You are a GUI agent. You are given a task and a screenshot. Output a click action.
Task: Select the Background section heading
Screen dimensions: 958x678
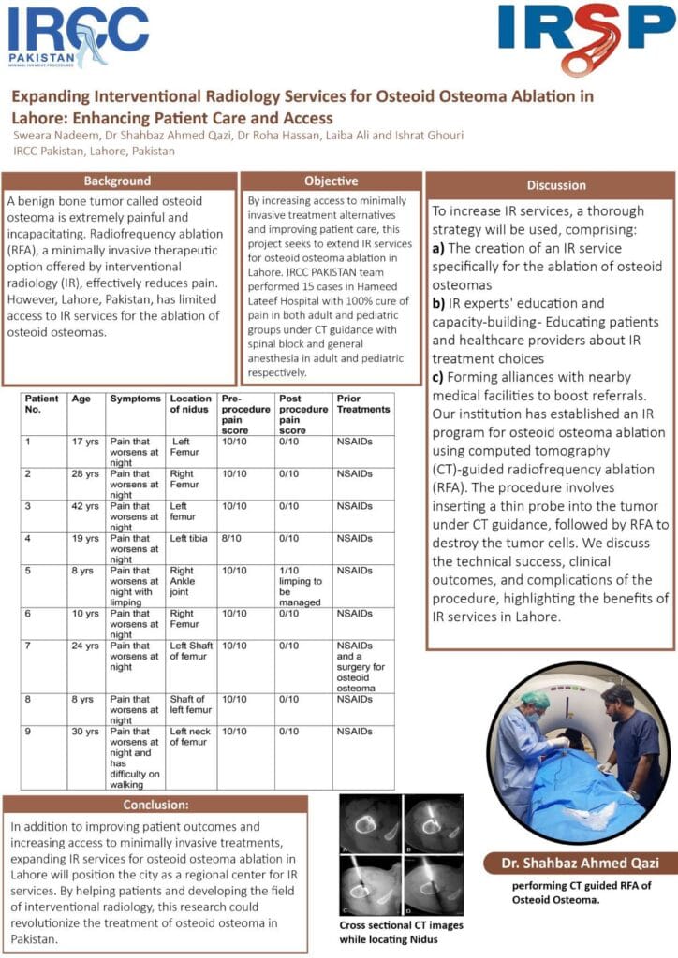point(117,181)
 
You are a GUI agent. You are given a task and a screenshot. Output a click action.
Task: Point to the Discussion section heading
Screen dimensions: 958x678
point(556,185)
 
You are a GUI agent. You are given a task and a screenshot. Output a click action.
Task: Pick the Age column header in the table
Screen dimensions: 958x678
point(81,399)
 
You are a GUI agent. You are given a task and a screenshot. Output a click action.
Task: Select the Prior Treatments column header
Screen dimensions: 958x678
point(361,404)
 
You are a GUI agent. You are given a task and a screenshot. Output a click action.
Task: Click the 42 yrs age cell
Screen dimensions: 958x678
point(85,506)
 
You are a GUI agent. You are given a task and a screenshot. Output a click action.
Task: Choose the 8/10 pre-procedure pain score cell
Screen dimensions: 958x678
point(233,539)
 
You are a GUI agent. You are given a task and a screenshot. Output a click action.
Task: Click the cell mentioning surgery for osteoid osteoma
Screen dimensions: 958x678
point(361,667)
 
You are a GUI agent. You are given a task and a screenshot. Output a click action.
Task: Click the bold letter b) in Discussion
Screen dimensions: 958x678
point(437,303)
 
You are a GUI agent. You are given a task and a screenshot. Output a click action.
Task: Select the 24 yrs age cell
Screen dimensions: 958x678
point(85,646)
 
